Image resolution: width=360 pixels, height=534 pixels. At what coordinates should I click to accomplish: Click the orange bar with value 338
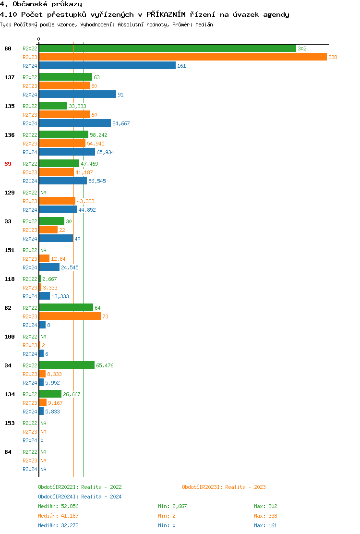[x=182, y=57]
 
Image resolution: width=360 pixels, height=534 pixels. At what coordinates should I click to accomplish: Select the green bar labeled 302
[x=167, y=49]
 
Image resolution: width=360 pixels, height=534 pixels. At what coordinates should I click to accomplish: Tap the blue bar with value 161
[x=107, y=66]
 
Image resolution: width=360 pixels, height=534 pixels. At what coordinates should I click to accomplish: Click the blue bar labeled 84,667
[x=75, y=123]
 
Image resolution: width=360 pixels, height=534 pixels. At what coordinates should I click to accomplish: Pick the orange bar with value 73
[x=70, y=316]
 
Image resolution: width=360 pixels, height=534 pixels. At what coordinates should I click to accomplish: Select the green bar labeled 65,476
[x=67, y=365]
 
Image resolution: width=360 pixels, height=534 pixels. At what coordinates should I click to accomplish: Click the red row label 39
[x=8, y=164]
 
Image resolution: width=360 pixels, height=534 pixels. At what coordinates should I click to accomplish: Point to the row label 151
[x=9, y=250]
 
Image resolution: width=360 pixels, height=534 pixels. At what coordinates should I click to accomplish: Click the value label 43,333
[x=85, y=201]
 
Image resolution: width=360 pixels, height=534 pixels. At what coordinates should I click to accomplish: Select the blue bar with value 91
[x=77, y=95]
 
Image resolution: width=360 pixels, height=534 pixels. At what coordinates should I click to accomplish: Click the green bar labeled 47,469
[x=59, y=164]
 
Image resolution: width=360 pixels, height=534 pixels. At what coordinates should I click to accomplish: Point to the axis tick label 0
[x=39, y=39]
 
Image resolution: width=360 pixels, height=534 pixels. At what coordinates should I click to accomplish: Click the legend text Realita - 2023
[x=245, y=487]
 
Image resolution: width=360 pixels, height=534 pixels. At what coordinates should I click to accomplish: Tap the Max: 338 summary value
[x=265, y=516]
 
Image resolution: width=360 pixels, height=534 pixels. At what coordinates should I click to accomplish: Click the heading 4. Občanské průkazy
[x=41, y=4]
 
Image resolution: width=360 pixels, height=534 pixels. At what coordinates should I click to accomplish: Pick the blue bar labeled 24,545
[x=49, y=267]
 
